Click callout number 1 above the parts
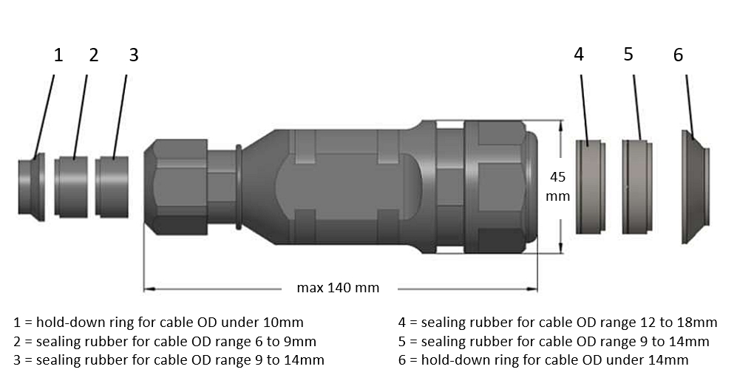point(58,55)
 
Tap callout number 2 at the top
point(94,55)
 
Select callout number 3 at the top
point(133,55)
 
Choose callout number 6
point(678,55)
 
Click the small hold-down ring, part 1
point(32,187)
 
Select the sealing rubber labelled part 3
point(113,187)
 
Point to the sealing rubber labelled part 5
point(636,187)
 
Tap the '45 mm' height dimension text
point(558,187)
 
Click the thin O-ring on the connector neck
point(239,187)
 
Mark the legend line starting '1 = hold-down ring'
point(158,323)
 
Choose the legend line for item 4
point(557,323)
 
